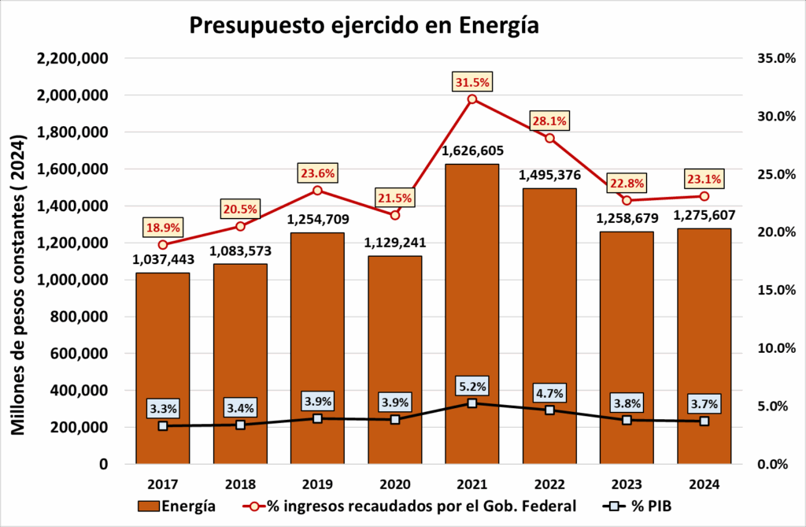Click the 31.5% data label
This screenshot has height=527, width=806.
point(471,82)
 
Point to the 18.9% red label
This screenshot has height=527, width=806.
point(162,228)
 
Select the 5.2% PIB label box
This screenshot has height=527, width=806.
point(471,386)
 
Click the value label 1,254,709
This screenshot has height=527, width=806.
point(317,219)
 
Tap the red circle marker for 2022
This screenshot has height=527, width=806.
point(549,138)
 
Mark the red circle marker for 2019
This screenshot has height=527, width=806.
point(317,190)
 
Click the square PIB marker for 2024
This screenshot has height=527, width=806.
point(704,421)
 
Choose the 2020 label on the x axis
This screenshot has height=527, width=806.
point(394,484)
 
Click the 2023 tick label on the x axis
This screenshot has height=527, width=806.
point(627,484)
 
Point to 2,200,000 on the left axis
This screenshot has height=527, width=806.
point(73,58)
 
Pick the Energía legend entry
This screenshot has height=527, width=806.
point(177,505)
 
